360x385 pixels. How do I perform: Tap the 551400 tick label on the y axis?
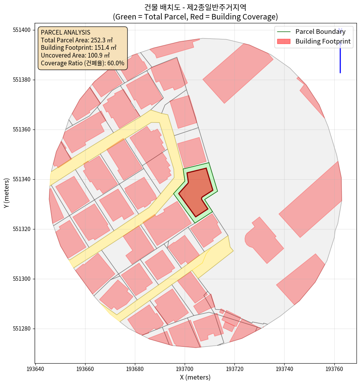[x=23, y=30]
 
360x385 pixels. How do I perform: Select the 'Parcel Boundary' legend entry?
[x=320, y=31]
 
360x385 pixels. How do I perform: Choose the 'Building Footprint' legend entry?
[x=323, y=41]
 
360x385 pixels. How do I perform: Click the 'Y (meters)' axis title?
[x=7, y=193]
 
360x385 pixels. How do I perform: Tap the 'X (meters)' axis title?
[x=195, y=377]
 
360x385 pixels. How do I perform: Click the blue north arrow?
[x=340, y=52]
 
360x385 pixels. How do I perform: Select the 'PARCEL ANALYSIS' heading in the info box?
[x=65, y=32]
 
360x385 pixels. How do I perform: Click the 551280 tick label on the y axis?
[x=23, y=329]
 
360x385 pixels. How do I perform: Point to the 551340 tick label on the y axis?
[x=23, y=179]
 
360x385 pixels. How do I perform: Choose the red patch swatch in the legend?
[x=284, y=41]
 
